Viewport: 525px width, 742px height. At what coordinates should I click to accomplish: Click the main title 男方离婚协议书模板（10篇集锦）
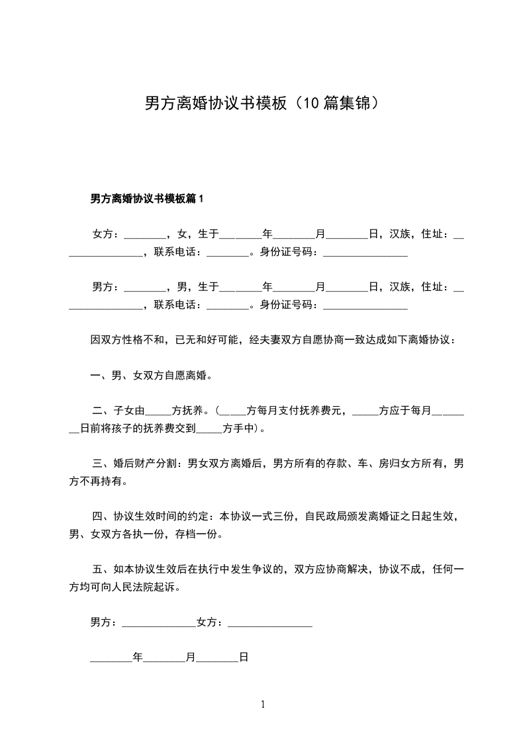[x=262, y=103]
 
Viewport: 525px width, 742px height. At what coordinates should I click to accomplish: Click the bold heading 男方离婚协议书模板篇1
[x=149, y=198]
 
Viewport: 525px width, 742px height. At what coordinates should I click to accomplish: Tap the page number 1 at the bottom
[x=263, y=704]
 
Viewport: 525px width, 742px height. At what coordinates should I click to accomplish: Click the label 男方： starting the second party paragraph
[x=105, y=286]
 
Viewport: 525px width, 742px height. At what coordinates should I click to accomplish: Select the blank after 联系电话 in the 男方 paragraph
[x=227, y=306]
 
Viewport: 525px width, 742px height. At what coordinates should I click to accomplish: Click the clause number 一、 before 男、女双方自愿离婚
[x=100, y=376]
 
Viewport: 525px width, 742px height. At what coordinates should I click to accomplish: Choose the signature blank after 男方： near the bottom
[x=159, y=623]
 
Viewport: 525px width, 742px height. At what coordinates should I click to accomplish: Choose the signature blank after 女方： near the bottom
[x=269, y=623]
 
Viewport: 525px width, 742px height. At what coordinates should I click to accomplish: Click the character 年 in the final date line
[x=138, y=658]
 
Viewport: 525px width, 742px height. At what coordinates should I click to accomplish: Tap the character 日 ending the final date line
[x=244, y=658]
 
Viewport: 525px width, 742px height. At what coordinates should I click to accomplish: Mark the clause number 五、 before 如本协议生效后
[x=100, y=569]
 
